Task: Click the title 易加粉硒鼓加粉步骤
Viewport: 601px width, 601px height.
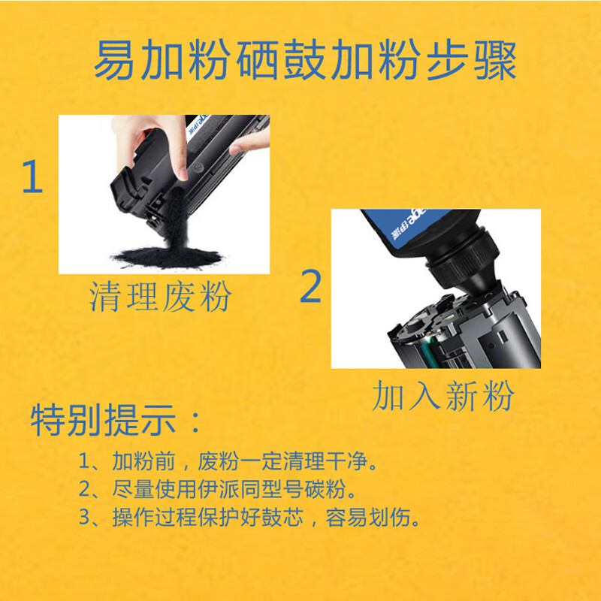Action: [305, 60]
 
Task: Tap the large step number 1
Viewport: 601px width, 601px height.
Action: [32, 177]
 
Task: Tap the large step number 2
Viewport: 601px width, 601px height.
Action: [310, 286]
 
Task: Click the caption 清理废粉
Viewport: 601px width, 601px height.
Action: [160, 296]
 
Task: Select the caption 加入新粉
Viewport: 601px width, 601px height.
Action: [442, 396]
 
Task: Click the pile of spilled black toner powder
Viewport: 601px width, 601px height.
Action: [167, 257]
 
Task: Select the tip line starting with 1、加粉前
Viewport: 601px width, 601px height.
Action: [228, 461]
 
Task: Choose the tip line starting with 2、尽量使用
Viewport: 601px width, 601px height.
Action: [217, 489]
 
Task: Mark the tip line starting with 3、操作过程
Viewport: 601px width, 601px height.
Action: [249, 518]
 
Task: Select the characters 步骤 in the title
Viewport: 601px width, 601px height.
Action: [472, 60]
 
